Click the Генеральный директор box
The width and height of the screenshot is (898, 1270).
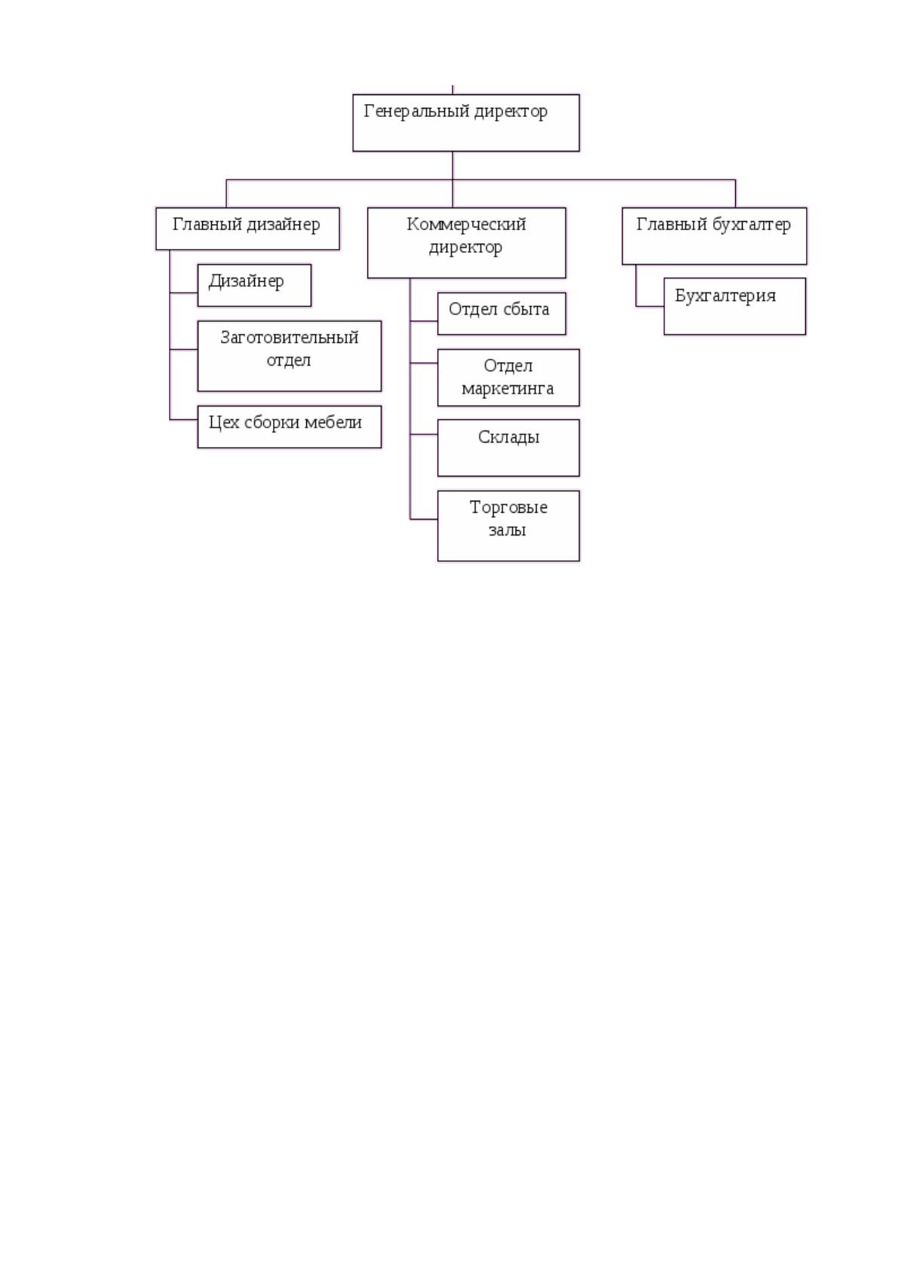click(466, 123)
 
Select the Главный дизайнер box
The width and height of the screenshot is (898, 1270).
click(248, 229)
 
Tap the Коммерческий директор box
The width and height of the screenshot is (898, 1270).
click(467, 243)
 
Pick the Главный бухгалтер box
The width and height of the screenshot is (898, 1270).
click(714, 236)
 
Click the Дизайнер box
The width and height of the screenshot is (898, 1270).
click(255, 285)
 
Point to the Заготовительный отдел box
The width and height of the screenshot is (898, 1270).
click(289, 356)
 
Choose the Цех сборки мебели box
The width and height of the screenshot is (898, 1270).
click(289, 427)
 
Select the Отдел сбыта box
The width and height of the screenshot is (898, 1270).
click(501, 314)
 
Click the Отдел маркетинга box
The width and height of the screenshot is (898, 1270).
click(508, 378)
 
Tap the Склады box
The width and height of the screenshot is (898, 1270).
click(508, 448)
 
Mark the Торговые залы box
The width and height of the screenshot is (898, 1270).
click(508, 526)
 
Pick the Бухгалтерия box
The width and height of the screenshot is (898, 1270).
click(734, 306)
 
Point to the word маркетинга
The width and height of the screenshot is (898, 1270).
click(507, 389)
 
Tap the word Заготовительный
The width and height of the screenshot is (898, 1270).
click(289, 338)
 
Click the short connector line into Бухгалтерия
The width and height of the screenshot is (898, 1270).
click(650, 306)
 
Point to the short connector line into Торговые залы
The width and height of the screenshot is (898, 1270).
click(424, 519)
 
